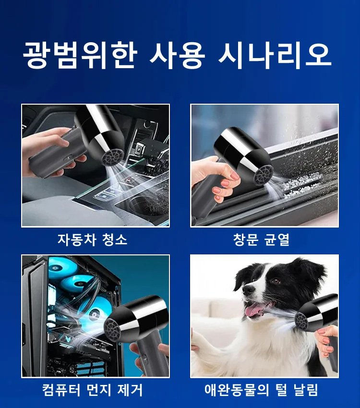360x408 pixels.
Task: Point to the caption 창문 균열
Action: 264,239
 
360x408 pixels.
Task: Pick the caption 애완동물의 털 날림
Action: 264,389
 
